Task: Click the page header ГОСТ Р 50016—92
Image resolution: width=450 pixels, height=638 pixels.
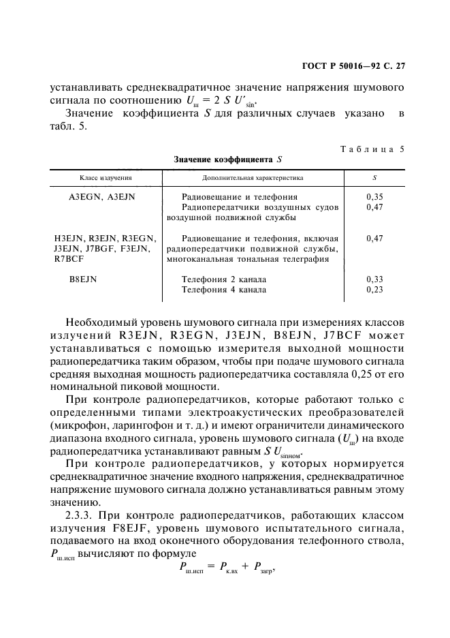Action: pos(338,66)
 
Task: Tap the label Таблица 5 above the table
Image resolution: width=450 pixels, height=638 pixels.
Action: pos(372,149)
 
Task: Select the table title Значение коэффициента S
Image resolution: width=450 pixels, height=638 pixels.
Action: pos(227,159)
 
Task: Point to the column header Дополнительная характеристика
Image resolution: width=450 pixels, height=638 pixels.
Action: pos(253,177)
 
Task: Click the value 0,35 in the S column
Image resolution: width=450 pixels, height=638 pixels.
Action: pos(374,196)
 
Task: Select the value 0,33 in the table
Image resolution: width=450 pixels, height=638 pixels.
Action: pos(374,279)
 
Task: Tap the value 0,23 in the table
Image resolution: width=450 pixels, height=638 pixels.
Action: pos(374,290)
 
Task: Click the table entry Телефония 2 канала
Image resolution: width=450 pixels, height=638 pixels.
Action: pos(224,279)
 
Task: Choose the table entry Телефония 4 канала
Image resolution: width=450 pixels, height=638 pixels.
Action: pos(224,290)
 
